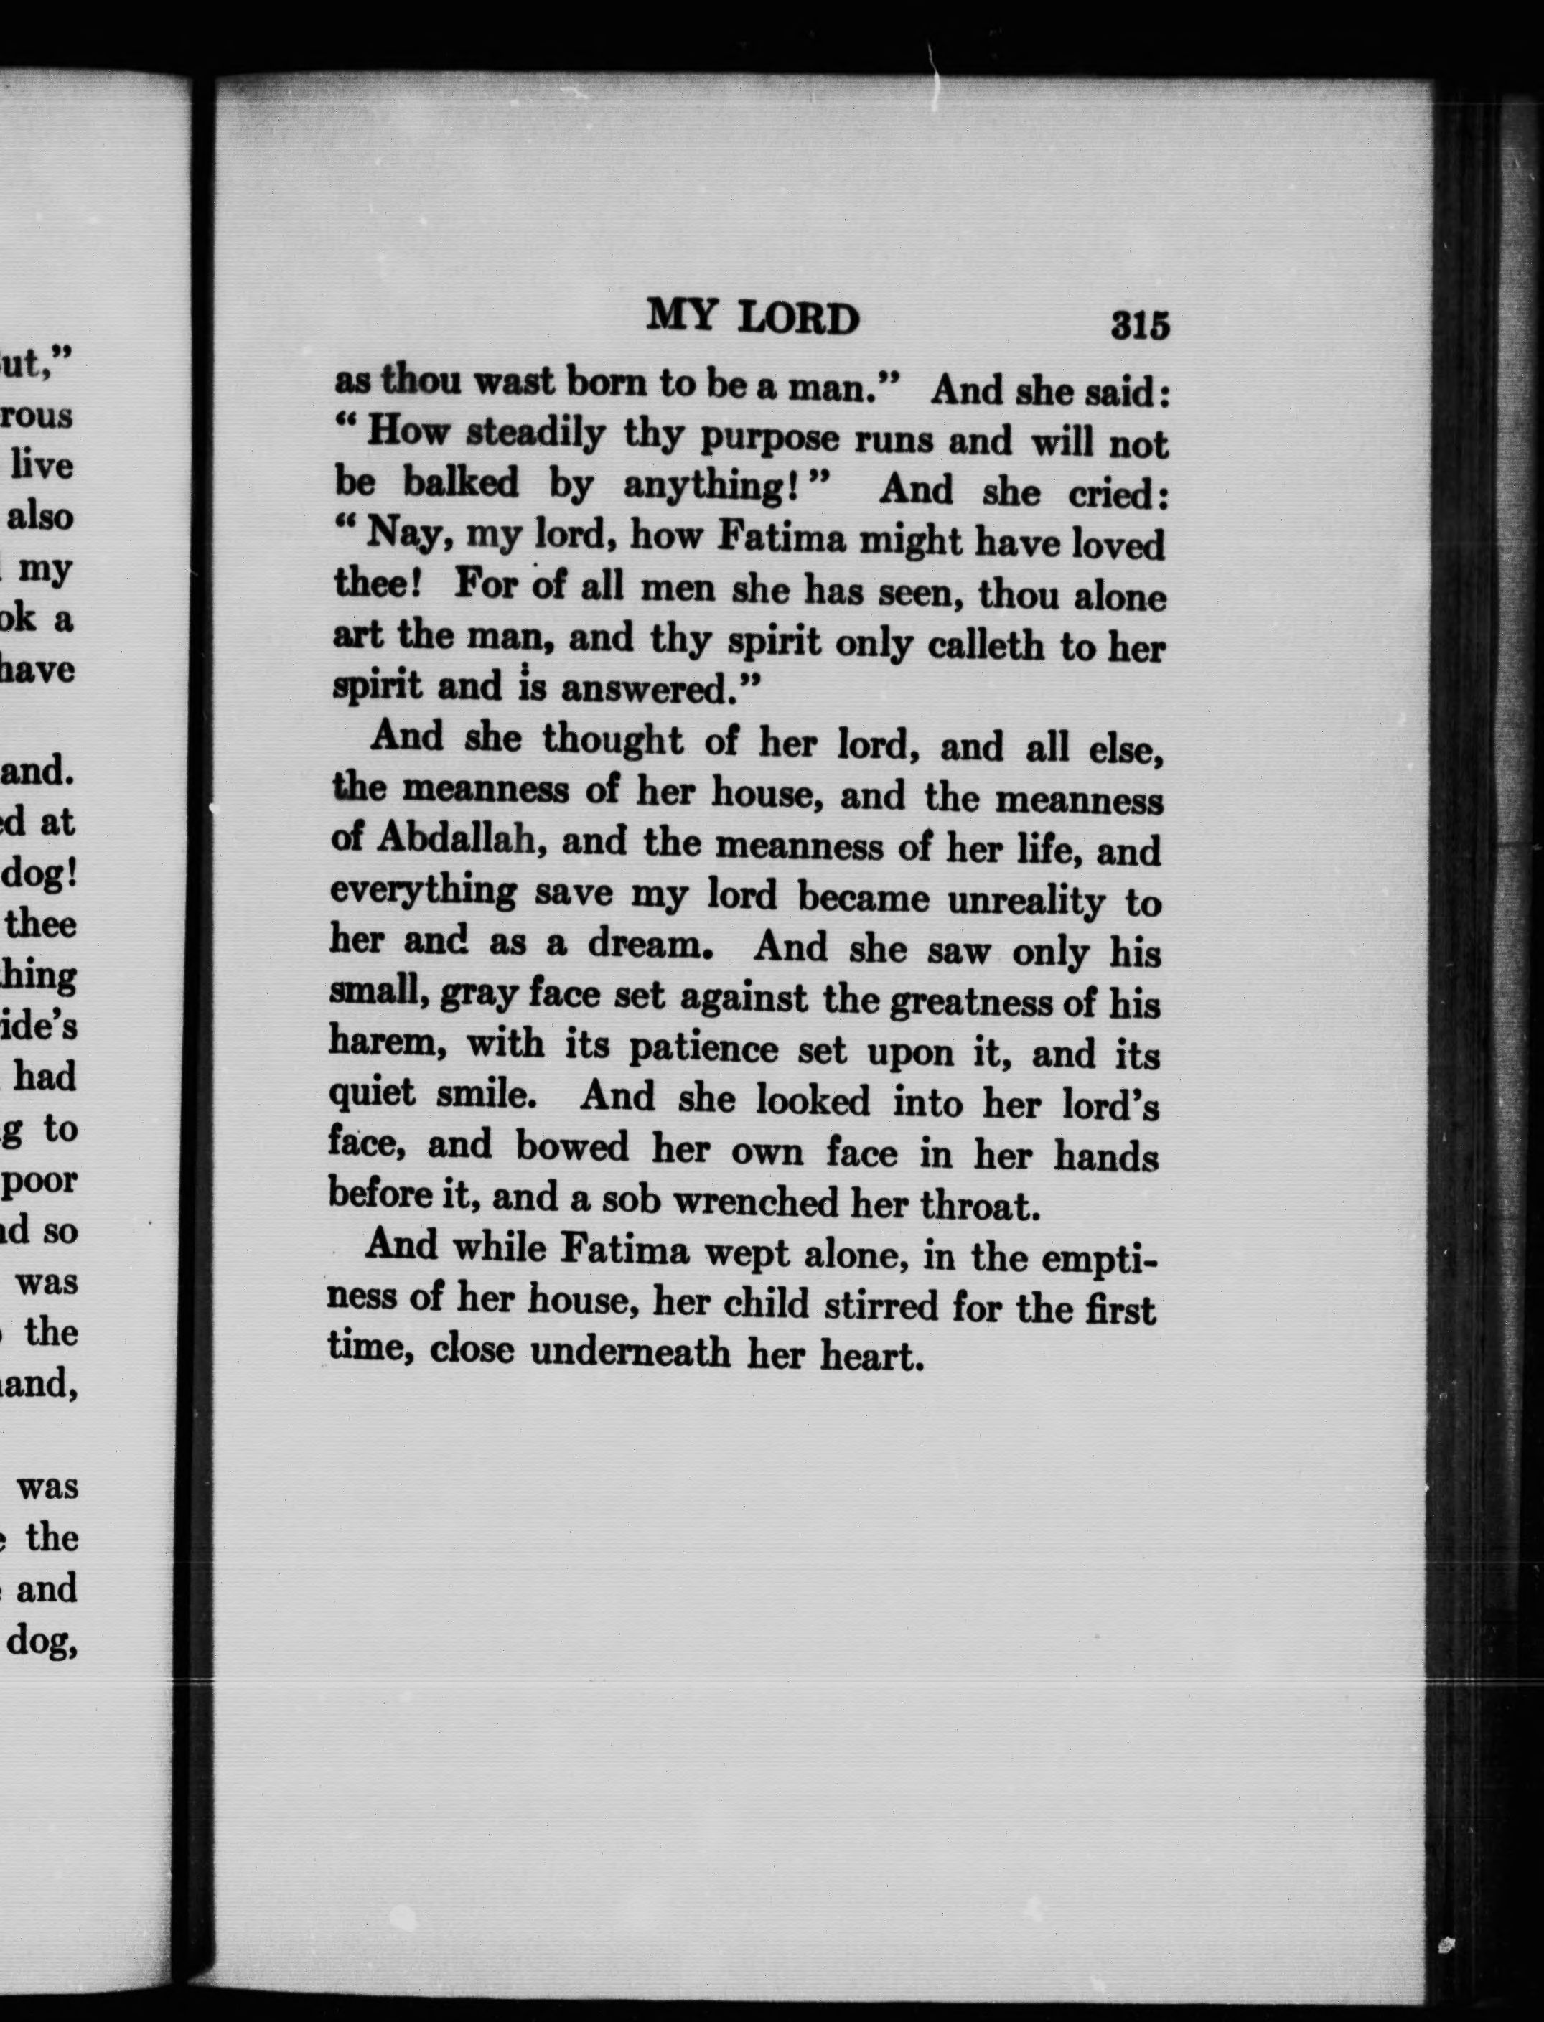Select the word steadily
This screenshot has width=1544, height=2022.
(x=535, y=433)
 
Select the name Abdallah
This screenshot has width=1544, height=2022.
(x=456, y=839)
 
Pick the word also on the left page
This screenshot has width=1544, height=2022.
(x=39, y=517)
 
